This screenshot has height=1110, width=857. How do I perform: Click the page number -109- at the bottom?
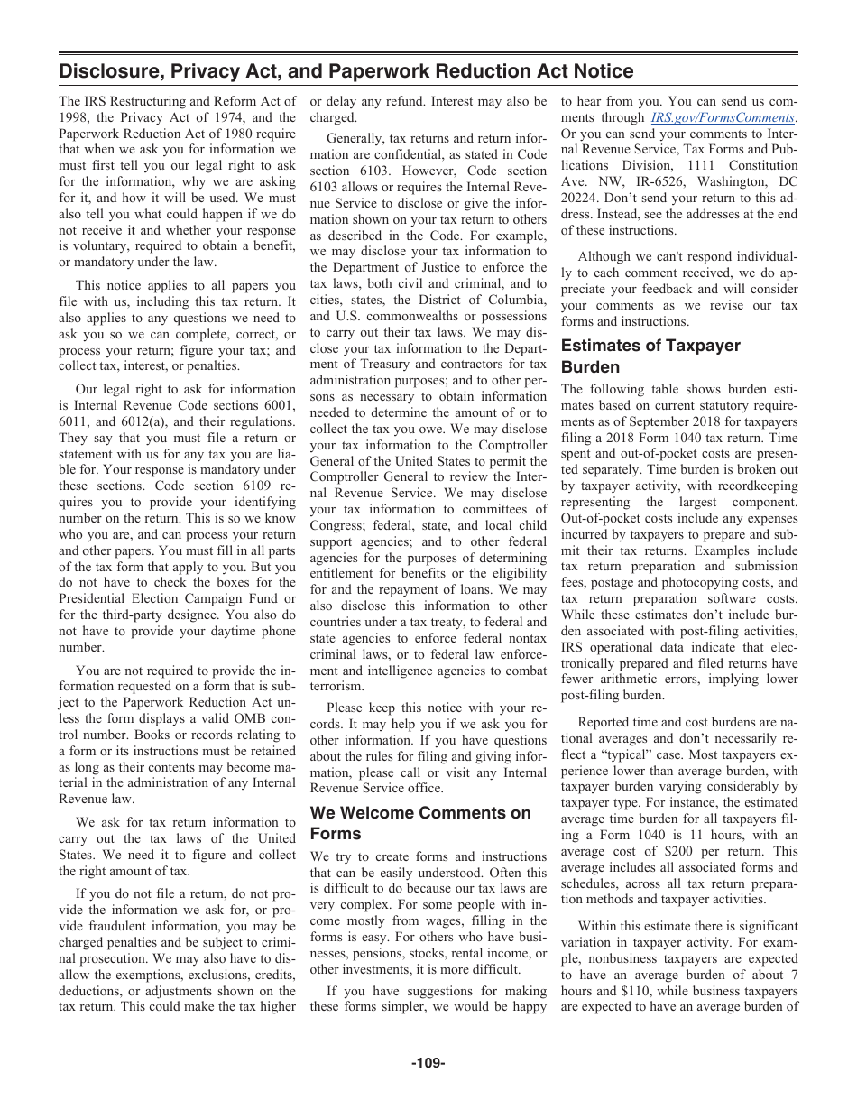tap(428, 1063)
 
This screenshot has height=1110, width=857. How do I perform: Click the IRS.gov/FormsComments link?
tap(723, 117)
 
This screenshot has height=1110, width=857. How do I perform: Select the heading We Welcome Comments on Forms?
tap(420, 823)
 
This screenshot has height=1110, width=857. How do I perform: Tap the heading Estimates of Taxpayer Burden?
tap(650, 356)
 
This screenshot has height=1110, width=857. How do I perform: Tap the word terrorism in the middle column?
tap(337, 687)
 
